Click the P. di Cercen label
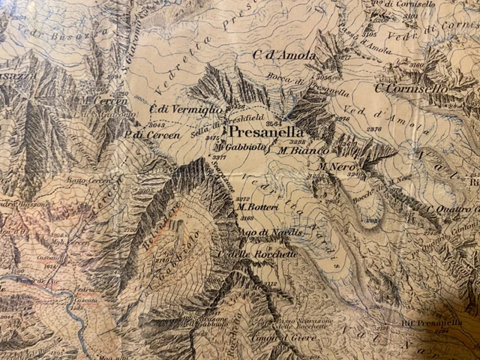click(x=153, y=135)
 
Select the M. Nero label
click(x=334, y=166)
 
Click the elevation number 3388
click(x=298, y=141)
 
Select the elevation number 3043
click(x=157, y=124)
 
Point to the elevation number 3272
click(x=242, y=199)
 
